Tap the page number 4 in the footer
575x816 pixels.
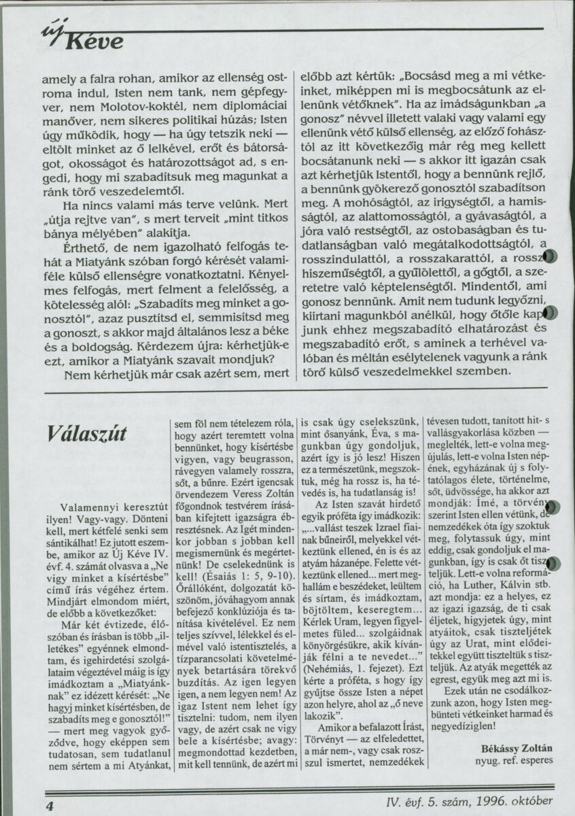point(50,803)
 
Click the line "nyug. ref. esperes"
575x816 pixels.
point(515,760)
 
